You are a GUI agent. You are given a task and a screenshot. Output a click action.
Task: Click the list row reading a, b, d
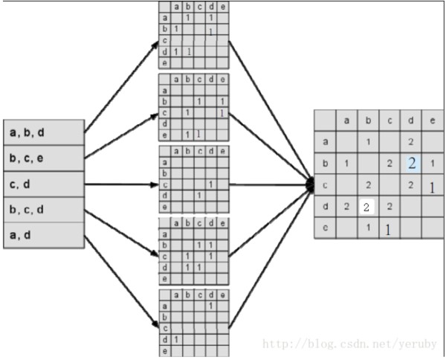pos(44,132)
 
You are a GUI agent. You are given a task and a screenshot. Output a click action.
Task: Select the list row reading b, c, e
pos(44,158)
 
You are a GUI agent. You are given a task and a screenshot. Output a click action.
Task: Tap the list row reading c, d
pos(44,184)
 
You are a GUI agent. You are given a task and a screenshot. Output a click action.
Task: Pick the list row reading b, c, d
pos(44,210)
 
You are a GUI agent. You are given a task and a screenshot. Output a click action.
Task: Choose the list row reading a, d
pos(44,235)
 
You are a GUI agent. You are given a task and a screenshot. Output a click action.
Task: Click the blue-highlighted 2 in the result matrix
pos(411,164)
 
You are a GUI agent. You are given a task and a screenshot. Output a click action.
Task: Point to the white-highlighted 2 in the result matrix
pos(366,207)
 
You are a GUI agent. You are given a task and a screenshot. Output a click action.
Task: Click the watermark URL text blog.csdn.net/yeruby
pos(349,344)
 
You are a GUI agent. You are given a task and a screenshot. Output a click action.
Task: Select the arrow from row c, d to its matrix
pos(121,184)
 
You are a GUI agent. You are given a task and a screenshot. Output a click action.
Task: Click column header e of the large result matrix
pos(433,120)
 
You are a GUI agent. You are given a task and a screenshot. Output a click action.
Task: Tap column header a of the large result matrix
pos(346,120)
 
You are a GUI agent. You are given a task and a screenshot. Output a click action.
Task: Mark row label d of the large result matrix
pos(326,206)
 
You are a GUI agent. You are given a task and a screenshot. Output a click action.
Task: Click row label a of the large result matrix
pos(326,142)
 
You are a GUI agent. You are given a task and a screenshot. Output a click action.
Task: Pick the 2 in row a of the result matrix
pos(411,142)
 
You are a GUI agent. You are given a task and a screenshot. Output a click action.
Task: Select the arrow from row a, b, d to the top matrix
pos(121,86)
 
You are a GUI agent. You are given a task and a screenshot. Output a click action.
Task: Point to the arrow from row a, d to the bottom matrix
pos(121,282)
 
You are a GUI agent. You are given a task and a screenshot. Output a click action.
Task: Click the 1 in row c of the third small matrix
pos(210,184)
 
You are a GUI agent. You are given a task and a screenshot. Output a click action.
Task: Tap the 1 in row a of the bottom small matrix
pos(210,306)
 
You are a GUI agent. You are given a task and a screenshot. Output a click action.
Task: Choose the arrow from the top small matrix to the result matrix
pos(271,113)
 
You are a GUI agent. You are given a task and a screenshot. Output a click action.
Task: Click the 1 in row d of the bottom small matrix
pos(176,339)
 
